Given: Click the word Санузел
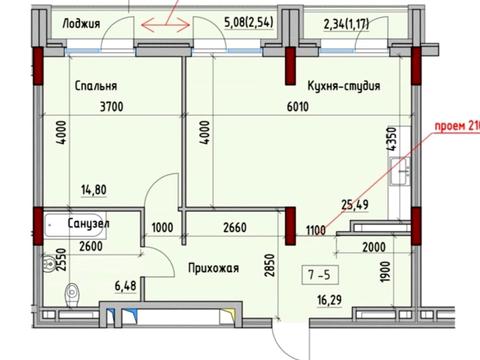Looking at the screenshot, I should click(90, 226).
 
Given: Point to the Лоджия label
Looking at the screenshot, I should click(80, 20).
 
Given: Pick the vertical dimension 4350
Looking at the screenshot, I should click(405, 139).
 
